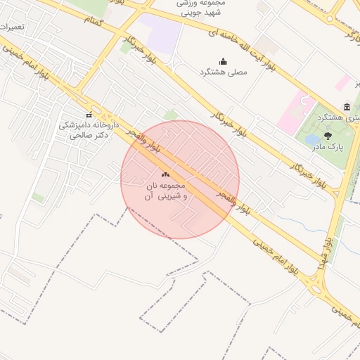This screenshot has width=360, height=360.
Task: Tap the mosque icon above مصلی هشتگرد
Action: [224, 61]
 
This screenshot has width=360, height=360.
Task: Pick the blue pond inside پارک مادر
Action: [311, 140]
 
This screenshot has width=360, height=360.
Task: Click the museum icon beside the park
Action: [347, 107]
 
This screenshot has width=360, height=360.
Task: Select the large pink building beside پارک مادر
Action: [293, 112]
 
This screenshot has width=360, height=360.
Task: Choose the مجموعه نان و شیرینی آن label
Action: [166, 191]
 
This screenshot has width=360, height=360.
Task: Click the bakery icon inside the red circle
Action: [166, 174]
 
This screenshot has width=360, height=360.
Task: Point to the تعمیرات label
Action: [12, 27]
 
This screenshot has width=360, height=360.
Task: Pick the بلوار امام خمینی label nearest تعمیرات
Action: [25, 64]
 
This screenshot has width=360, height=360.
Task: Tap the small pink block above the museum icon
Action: [342, 82]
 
